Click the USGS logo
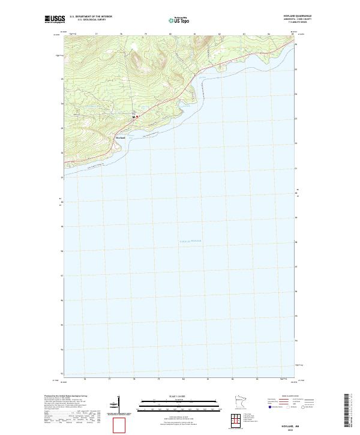point(54,19)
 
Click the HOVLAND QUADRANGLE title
point(301,16)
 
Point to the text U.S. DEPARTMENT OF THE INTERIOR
point(90,17)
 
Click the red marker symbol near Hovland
point(137,116)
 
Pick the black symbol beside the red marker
point(133,116)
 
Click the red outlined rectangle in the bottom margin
point(120,425)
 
